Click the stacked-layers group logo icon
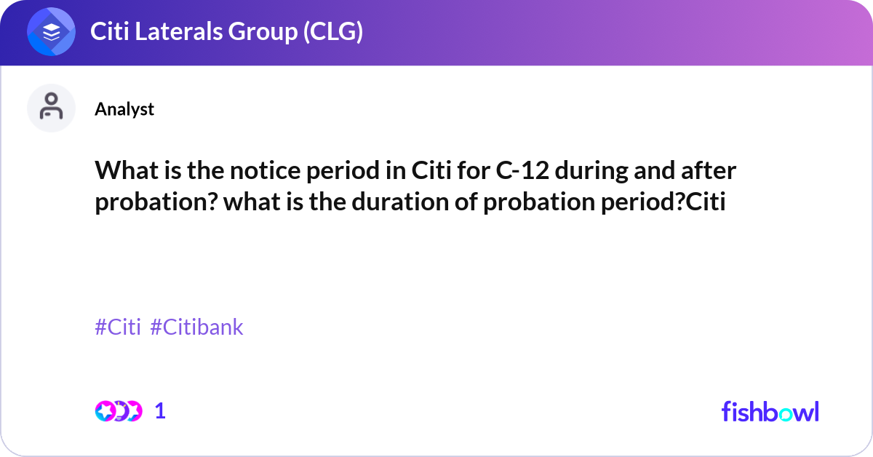point(52,32)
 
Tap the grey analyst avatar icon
point(51,108)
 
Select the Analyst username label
point(124,109)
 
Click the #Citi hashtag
point(118,327)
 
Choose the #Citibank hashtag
point(196,327)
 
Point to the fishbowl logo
point(770,411)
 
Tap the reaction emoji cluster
point(119,411)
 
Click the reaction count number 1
point(161,411)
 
